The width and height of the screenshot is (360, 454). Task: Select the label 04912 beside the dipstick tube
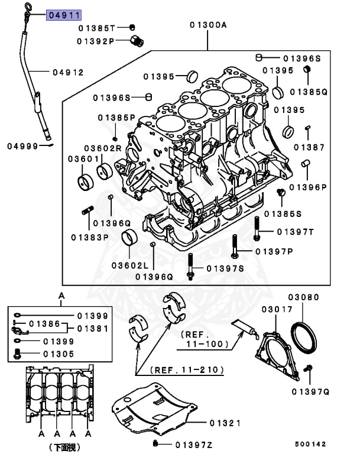68,73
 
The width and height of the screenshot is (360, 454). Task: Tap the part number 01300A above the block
208,25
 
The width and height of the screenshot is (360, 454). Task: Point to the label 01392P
96,41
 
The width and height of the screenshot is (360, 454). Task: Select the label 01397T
295,231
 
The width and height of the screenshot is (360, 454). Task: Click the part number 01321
225,423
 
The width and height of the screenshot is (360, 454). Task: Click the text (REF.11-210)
187,370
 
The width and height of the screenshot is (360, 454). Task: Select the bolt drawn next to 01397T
257,228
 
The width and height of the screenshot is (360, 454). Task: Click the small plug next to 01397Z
155,443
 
